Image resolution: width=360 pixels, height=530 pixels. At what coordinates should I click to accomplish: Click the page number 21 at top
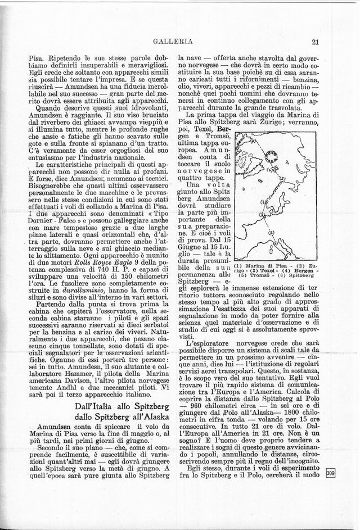coord(314,41)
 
